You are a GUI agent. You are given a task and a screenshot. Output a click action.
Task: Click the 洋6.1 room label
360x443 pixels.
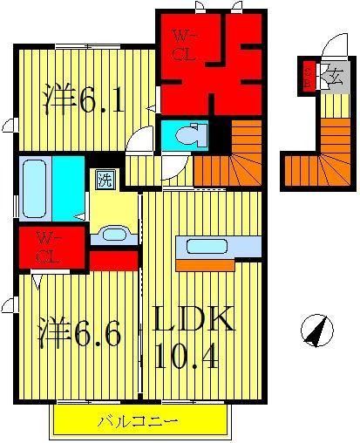coord(83,102)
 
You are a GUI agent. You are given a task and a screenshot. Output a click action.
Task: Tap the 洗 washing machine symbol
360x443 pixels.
coord(105,181)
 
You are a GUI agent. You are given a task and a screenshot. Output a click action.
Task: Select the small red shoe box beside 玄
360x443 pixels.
coord(308,76)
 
